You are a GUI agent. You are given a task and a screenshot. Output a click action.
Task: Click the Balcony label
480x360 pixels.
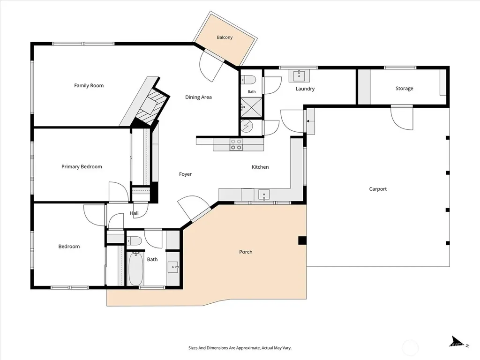click(x=225, y=37)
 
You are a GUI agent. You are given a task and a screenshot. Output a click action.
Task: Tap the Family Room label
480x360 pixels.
click(x=89, y=85)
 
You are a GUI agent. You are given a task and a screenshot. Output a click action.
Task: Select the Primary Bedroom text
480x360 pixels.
click(x=82, y=166)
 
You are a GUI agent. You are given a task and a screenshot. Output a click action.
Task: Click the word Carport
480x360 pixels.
click(x=378, y=189)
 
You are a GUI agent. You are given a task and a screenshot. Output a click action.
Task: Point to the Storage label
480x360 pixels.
click(x=404, y=88)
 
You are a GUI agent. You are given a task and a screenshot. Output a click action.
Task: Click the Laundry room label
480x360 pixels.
click(x=305, y=89)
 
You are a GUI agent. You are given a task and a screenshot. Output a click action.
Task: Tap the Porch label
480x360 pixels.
click(x=246, y=252)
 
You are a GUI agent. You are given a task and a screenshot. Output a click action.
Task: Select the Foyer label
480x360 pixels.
click(x=186, y=174)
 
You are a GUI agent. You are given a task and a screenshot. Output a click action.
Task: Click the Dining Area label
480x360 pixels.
click(x=198, y=97)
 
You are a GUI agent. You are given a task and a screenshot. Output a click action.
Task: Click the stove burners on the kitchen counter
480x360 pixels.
click(x=236, y=144)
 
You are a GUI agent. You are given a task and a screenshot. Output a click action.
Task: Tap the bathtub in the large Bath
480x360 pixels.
click(x=135, y=269)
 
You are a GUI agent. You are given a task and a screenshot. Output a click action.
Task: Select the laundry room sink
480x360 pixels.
click(x=299, y=75)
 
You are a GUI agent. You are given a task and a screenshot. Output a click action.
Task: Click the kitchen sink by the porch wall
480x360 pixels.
click(x=264, y=195)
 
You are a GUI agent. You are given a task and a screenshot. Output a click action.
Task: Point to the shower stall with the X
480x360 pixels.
click(x=251, y=107)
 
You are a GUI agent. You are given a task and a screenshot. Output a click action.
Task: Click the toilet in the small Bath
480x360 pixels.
click(x=248, y=80)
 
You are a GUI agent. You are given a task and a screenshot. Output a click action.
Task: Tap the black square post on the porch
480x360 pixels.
click(x=302, y=240)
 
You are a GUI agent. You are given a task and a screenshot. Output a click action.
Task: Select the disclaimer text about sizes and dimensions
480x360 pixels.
click(x=240, y=348)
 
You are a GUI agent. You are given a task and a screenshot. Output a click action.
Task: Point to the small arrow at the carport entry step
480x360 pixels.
click(x=310, y=121)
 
